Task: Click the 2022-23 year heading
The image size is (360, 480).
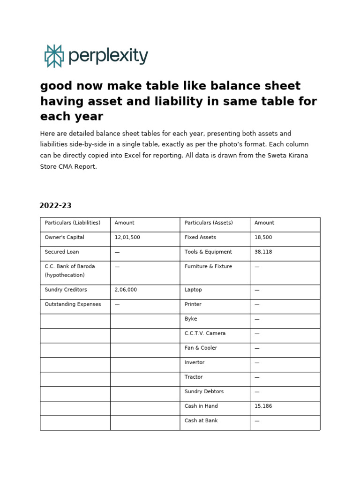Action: pos(55,205)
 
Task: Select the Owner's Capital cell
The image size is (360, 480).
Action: pos(64,237)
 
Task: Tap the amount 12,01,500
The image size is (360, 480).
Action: pos(127,237)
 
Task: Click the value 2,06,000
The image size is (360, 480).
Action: pos(126,290)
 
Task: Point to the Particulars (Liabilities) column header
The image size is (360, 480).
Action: pos(72,223)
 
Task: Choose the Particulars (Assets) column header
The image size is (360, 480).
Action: pos(209,223)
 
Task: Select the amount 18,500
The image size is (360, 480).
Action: pos(263,237)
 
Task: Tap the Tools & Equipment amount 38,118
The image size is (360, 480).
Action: pos(263,252)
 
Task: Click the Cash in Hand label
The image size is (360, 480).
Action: pos(201,406)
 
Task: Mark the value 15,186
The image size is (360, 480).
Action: pos(263,406)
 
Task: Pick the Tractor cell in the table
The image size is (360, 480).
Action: pos(194,377)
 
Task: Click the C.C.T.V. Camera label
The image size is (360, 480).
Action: pos(205,333)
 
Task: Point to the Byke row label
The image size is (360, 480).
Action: pos(191,319)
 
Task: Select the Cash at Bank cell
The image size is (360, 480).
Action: pos(201,420)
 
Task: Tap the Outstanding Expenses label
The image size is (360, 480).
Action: pos(73,304)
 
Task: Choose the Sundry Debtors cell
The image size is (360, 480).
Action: pos(204,391)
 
